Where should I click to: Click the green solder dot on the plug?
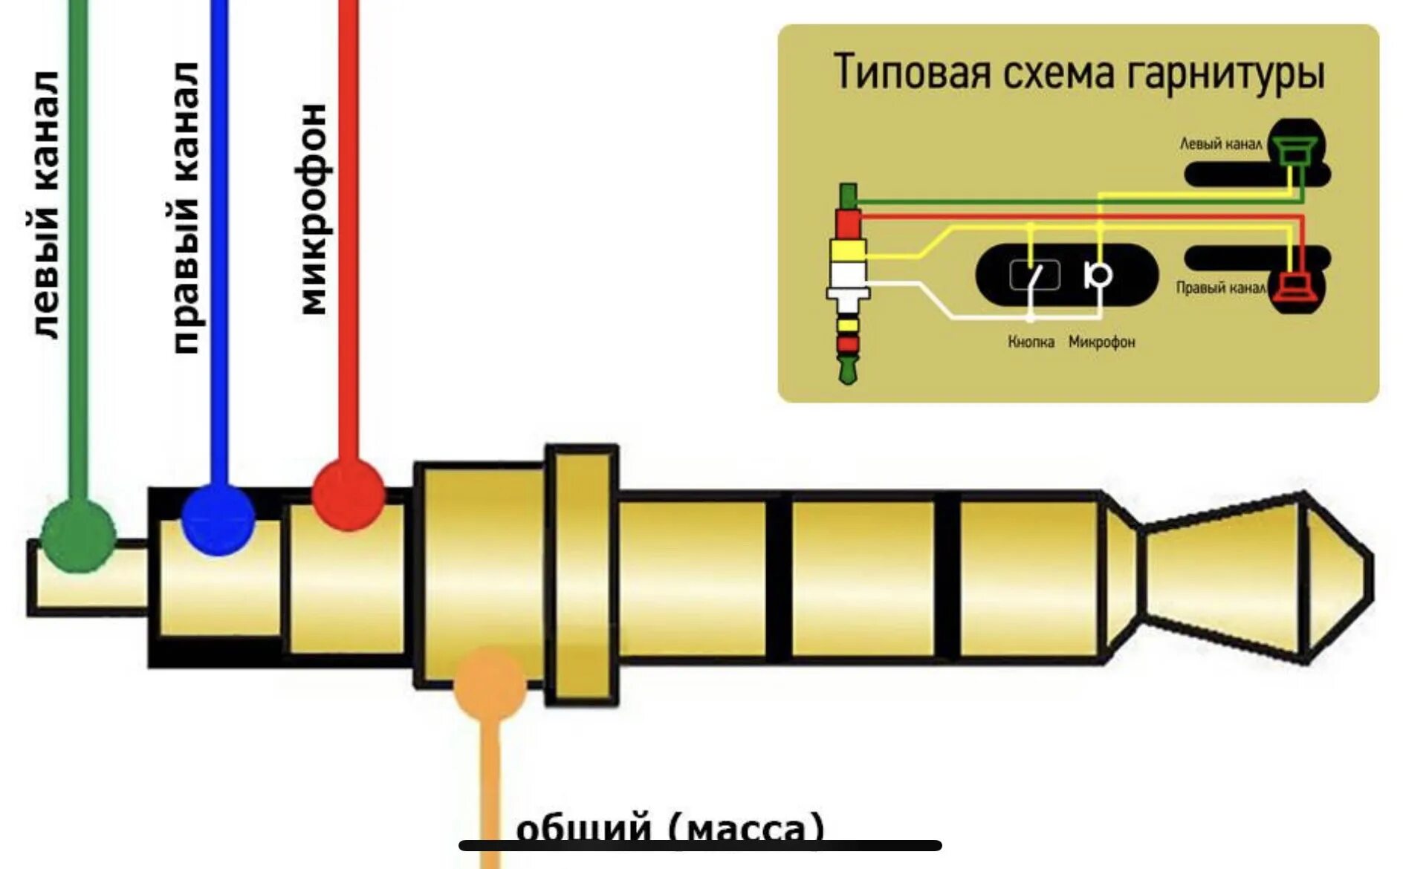(x=78, y=535)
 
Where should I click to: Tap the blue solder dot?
(x=218, y=519)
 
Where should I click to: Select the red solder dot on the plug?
(x=348, y=495)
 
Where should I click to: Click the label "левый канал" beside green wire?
(x=45, y=204)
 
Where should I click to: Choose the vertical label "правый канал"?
(x=186, y=208)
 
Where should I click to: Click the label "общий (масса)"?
(x=670, y=828)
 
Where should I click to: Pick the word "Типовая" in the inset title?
(x=912, y=72)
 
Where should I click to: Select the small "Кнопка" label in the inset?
(x=1031, y=342)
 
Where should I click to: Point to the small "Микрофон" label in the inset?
(x=1101, y=342)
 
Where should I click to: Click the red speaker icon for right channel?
(x=1295, y=289)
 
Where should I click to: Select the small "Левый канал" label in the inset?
(x=1220, y=144)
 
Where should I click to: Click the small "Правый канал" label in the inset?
(x=1220, y=288)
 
